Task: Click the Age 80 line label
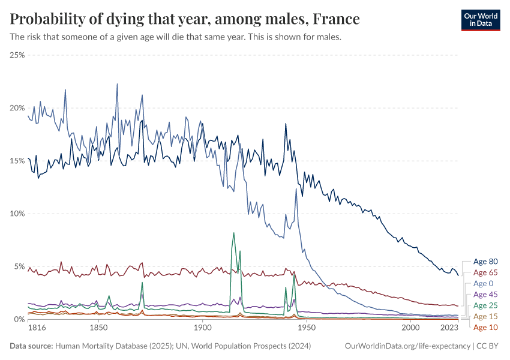pyautogui.click(x=485, y=262)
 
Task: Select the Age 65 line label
pyautogui.click(x=485, y=272)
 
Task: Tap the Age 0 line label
pyautogui.click(x=483, y=283)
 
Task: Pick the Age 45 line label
pyautogui.click(x=485, y=295)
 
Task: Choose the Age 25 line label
pyautogui.click(x=485, y=305)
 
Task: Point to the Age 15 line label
pyautogui.click(x=485, y=316)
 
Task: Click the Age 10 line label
pyautogui.click(x=485, y=327)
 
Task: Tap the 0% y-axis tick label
pyautogui.click(x=19, y=319)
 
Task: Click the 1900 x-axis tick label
pyautogui.click(x=202, y=329)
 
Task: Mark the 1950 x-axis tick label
pyautogui.click(x=307, y=329)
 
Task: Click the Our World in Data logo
pyautogui.click(x=480, y=19)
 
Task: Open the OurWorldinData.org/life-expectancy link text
pyautogui.click(x=408, y=346)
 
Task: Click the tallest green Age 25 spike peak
pyautogui.click(x=233, y=233)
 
